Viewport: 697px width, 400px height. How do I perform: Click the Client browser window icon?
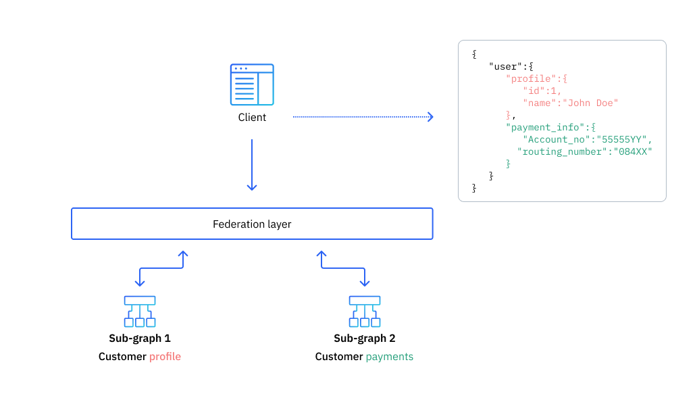[252, 84]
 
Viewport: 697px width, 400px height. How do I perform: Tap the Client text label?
[252, 118]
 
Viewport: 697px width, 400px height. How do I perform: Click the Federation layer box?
[252, 224]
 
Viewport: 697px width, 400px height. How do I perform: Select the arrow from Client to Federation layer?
[252, 165]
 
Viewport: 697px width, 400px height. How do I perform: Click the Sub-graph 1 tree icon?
[140, 311]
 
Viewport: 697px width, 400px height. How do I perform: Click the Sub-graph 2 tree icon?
[365, 311]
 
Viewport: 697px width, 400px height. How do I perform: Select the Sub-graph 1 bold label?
[140, 339]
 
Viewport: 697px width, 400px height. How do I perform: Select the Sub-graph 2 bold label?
[365, 339]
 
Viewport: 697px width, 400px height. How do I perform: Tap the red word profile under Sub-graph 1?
[165, 357]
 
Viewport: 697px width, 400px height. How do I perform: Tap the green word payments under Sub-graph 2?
[389, 357]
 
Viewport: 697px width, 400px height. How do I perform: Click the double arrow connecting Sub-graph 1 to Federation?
[161, 268]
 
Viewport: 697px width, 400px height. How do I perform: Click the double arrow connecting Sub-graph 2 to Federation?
[343, 268]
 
